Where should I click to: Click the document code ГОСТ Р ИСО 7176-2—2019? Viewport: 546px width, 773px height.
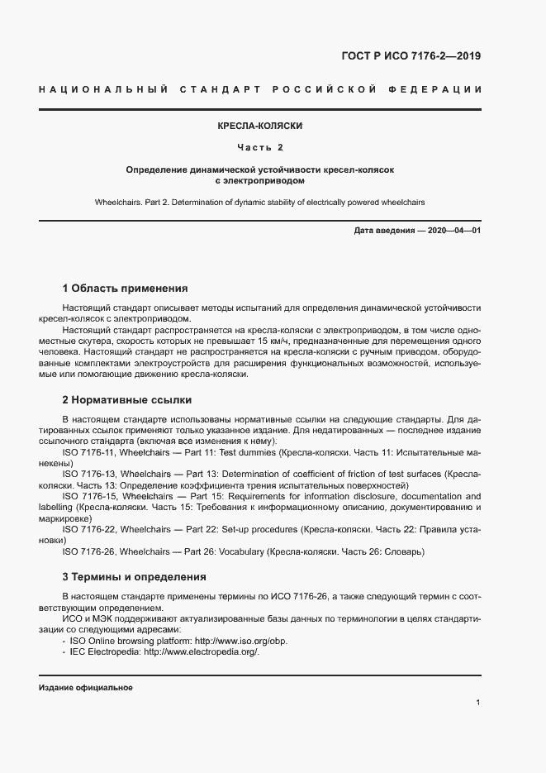411,56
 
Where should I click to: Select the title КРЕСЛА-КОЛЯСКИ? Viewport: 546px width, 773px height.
259,126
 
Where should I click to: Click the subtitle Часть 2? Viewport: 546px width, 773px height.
259,147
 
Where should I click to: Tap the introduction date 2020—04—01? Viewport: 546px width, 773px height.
453,231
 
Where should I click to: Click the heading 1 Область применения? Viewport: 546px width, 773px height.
125,289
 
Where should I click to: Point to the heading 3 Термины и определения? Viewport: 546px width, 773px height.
134,576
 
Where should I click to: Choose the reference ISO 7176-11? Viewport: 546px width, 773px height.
89,453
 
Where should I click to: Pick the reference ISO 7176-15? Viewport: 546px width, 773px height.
89,496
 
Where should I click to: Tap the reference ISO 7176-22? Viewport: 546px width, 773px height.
89,528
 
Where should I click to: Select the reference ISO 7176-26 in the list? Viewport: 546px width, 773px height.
89,551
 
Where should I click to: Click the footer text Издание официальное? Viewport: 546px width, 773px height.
86,688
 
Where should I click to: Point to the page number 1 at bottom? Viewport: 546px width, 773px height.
478,703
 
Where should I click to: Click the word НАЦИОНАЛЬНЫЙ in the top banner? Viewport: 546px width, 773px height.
104,88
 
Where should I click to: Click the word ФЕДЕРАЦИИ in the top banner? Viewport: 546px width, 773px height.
443,88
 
